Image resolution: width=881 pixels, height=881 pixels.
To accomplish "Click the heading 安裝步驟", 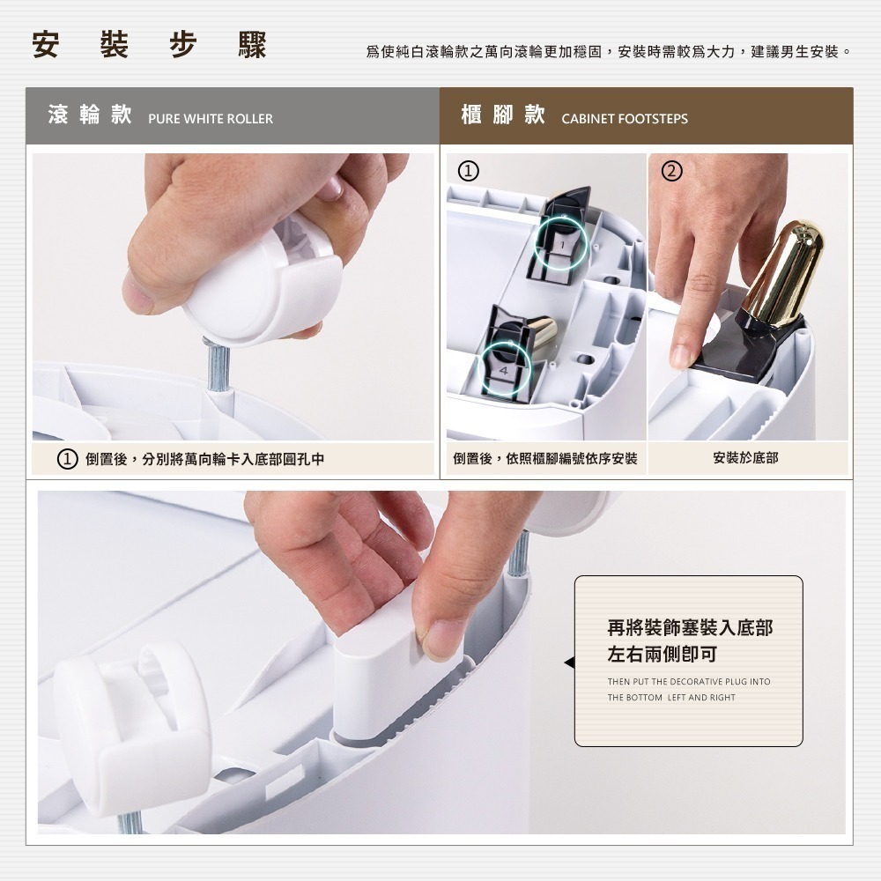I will (149, 46).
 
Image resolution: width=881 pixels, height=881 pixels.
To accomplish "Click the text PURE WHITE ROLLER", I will (211, 119).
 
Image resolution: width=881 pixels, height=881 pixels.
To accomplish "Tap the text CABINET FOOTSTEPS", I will (625, 119).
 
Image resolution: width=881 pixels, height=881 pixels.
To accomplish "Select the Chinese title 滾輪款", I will (90, 116).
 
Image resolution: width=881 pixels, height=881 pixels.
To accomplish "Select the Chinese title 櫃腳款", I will (503, 116).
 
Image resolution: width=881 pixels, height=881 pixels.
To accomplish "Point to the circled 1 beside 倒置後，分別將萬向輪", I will (65, 459).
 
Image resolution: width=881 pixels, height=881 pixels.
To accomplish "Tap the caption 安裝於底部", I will (745, 458).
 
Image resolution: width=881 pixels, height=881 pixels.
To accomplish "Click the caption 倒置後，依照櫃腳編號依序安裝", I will (544, 458).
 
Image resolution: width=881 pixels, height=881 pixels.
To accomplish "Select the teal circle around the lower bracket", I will (506, 359).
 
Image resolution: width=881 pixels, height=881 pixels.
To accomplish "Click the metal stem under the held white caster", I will (218, 366).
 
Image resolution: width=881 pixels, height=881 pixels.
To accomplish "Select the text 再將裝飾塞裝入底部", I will (690, 628).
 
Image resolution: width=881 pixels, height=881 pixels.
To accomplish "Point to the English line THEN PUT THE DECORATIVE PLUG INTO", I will (688, 682).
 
